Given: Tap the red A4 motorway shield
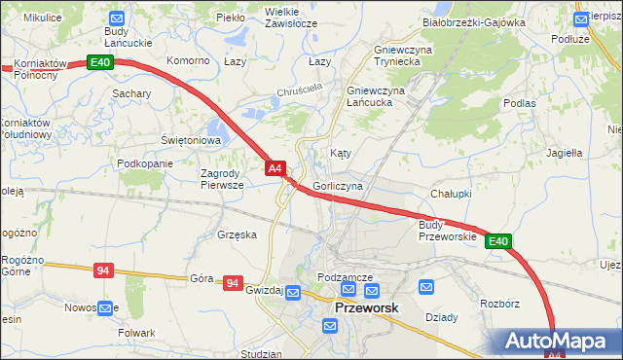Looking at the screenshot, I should tap(275, 168).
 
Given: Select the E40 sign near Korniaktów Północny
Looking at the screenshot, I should tap(101, 62).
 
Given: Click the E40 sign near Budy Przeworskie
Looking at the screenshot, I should tap(498, 241).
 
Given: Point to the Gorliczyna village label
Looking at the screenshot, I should tap(339, 185).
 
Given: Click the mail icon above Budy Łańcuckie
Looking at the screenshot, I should tap(117, 18).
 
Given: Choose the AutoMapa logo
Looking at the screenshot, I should tap(558, 342).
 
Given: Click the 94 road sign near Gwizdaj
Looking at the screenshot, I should tap(232, 283).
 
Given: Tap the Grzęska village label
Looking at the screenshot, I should tap(238, 234).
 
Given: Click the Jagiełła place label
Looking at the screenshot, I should tap(564, 153).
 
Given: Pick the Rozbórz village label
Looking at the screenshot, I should tap(500, 304).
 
